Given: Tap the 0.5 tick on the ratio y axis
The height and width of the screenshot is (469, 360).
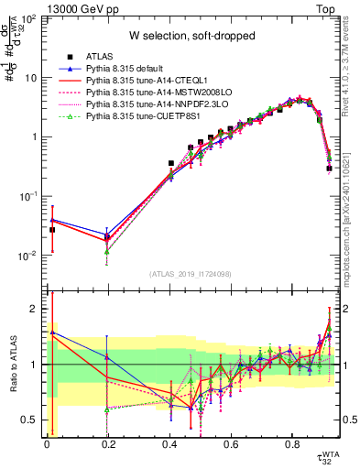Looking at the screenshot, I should (x=33, y=420).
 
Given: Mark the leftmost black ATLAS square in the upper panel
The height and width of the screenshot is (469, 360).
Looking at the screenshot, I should (x=52, y=230).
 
